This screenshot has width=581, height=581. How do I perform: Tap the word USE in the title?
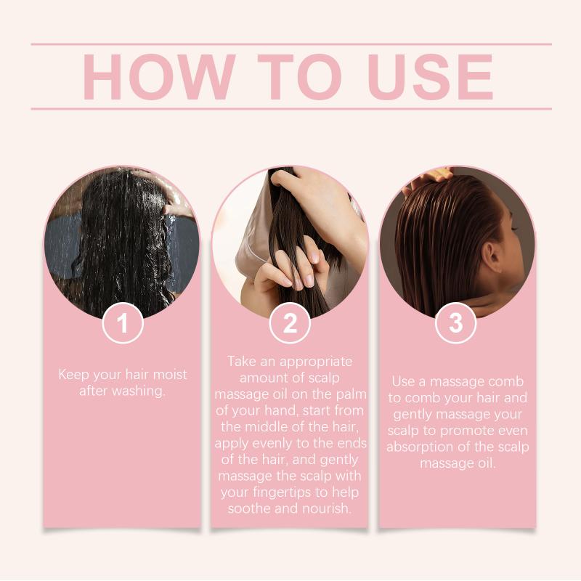click(x=430, y=77)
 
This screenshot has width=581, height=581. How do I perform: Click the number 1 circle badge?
click(x=123, y=323)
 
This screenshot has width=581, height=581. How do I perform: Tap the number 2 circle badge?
click(x=290, y=323)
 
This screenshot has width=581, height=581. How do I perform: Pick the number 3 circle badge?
click(x=456, y=323)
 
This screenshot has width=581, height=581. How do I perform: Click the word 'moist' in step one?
click(x=170, y=374)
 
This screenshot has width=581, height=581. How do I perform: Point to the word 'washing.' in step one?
click(x=138, y=391)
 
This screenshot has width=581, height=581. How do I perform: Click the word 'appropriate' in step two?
click(x=316, y=362)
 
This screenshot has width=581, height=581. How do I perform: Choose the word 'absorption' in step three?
click(x=420, y=447)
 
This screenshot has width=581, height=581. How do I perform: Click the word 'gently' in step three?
click(x=413, y=414)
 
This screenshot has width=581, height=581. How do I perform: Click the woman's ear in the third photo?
click(x=492, y=256)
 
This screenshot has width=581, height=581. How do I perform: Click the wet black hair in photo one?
click(x=122, y=241)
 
